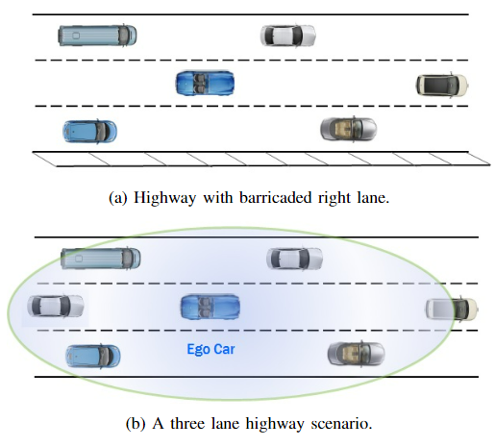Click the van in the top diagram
[97, 36]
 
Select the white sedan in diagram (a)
[288, 36]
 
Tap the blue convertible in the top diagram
[205, 83]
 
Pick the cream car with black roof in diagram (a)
[442, 85]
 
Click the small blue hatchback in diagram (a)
[89, 132]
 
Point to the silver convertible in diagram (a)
[349, 129]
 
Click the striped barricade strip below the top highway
[261, 159]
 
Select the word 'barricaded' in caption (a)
[276, 197]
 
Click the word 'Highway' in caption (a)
[164, 198]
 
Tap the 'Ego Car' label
[210, 349]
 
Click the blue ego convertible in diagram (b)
[210, 307]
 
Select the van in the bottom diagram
[101, 259]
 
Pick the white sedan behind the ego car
[56, 307]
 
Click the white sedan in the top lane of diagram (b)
[294, 259]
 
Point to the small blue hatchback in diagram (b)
[93, 356]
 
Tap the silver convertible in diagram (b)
[356, 354]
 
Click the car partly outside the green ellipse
[452, 309]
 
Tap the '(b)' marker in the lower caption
[136, 424]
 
